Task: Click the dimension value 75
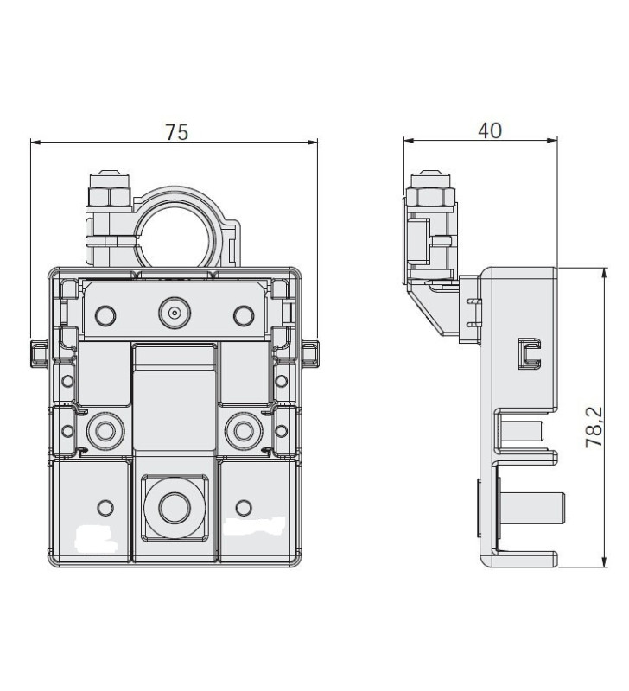pyautogui.click(x=176, y=131)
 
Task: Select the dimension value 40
pyautogui.click(x=489, y=130)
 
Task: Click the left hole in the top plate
pyautogui.click(x=106, y=315)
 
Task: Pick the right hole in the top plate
pyautogui.click(x=241, y=315)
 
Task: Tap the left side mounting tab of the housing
pyautogui.click(x=39, y=352)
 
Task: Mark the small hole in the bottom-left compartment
pyautogui.click(x=106, y=505)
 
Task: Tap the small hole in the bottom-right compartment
pyautogui.click(x=243, y=505)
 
